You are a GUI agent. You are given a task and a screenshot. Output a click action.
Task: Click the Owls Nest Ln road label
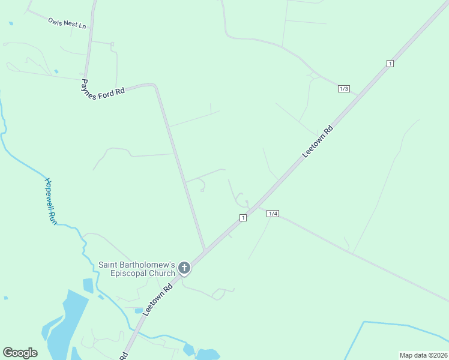point(67,23)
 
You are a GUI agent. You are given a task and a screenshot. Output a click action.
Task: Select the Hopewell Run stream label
point(50,201)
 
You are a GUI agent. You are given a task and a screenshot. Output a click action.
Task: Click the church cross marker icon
point(184,268)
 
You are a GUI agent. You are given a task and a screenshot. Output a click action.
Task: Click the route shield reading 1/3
point(344,89)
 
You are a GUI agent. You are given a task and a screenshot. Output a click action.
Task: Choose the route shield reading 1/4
point(273,214)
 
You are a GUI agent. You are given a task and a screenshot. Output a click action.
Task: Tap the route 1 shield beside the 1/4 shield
point(243,217)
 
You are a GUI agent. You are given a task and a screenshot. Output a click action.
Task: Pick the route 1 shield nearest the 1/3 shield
point(390,64)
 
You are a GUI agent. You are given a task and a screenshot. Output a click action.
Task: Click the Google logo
point(20,353)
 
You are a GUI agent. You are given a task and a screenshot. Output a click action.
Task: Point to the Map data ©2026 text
point(423,355)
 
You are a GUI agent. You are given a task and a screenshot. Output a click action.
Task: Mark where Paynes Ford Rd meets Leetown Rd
point(206,250)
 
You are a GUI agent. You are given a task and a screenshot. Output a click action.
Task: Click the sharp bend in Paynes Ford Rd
point(155,86)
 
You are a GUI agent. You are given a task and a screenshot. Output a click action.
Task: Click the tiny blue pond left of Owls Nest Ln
point(11,23)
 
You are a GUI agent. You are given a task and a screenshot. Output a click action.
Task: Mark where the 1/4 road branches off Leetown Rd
point(259,206)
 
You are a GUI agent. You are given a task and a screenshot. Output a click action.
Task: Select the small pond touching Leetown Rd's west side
point(139,311)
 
